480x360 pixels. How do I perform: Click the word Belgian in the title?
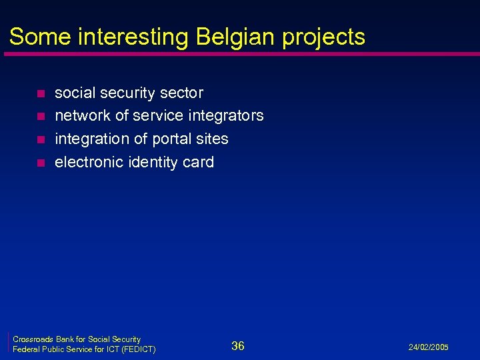coord(236,37)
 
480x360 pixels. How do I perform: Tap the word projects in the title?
coord(323,38)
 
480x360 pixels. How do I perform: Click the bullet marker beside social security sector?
coord(41,93)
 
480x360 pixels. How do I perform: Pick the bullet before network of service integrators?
coord(41,117)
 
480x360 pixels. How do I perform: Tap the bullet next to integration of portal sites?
coord(41,140)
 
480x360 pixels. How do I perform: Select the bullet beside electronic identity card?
coord(41,163)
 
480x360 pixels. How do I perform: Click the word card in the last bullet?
coord(199,162)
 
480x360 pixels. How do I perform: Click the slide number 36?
coord(238,345)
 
